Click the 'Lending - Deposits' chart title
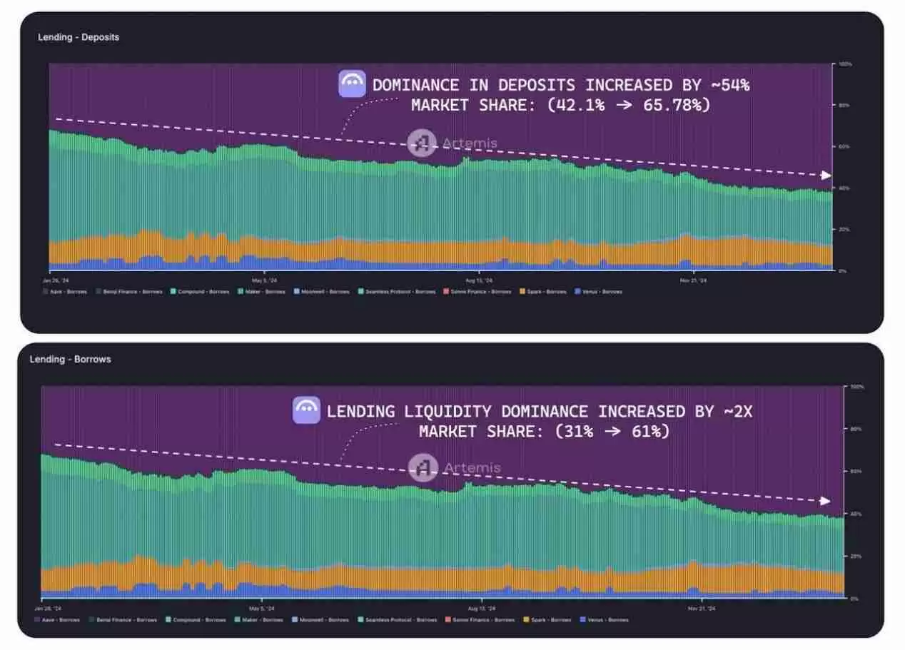79,37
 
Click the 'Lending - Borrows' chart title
70,359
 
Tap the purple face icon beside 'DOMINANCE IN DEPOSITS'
352,84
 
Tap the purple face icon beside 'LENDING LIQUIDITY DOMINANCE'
306,410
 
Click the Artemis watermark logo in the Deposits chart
422,143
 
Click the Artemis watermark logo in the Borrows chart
423,468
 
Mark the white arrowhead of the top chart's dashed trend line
826,176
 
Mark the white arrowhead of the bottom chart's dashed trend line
826,501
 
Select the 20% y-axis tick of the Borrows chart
854,556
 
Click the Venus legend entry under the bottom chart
605,620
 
